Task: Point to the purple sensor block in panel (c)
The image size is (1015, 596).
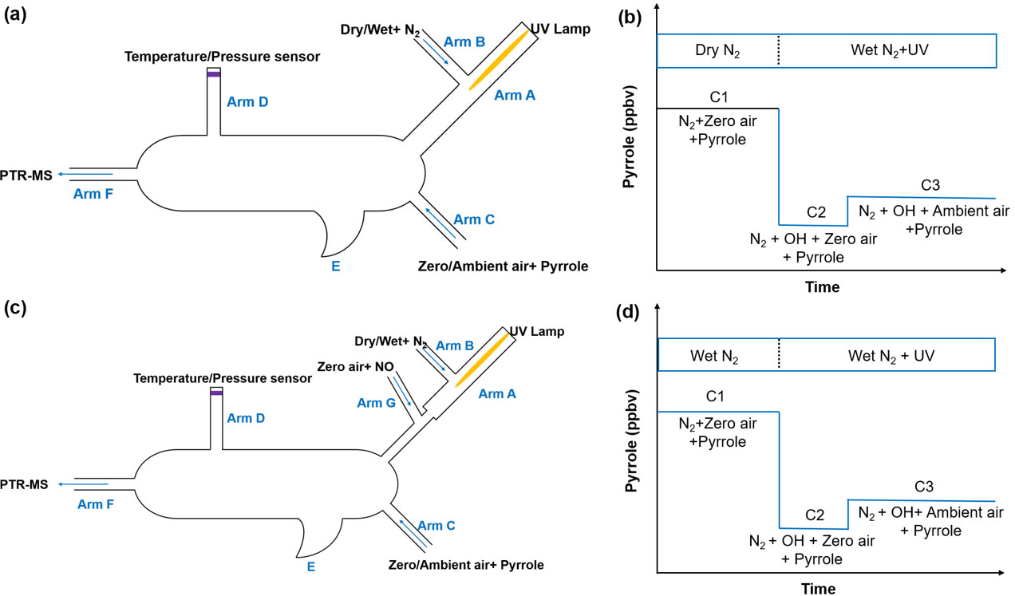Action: (215, 393)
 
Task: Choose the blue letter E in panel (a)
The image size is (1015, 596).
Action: (335, 266)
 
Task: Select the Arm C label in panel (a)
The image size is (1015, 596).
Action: (474, 219)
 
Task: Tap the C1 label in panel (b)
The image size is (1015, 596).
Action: (716, 97)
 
